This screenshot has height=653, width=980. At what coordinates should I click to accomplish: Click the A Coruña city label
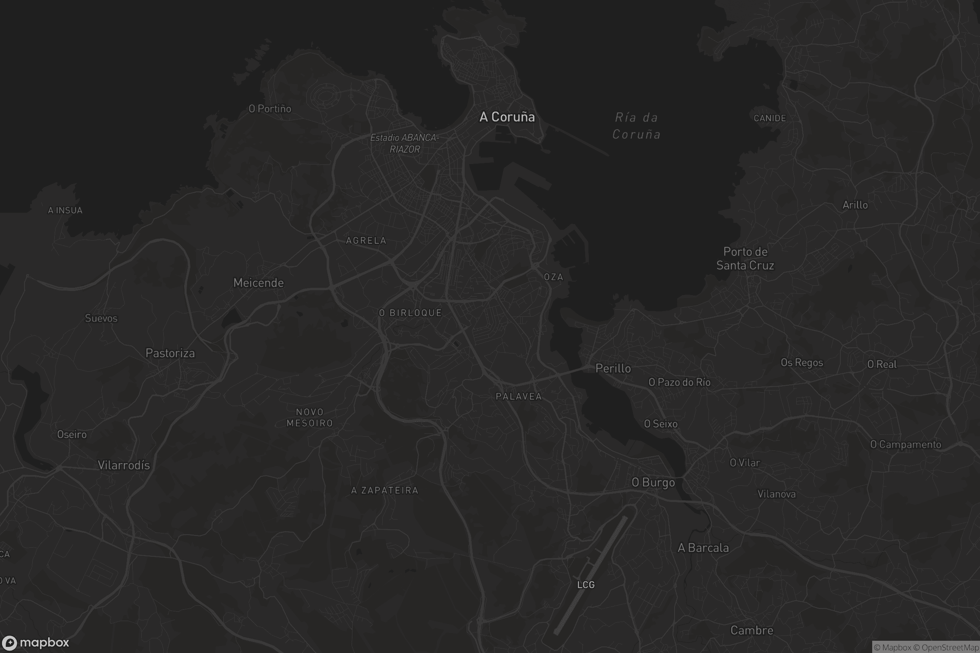[x=507, y=117]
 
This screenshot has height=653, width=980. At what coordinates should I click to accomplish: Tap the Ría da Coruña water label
[x=636, y=126]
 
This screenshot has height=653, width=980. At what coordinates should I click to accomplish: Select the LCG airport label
[x=586, y=585]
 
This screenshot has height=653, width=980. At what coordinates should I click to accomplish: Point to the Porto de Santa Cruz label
[x=745, y=258]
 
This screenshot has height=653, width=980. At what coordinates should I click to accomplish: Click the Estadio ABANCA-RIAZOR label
[x=405, y=143]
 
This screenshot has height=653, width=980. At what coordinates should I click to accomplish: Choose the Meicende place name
[x=258, y=283]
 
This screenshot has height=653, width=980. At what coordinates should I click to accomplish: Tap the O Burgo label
[x=653, y=482]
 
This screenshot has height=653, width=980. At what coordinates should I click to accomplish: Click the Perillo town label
[x=613, y=368]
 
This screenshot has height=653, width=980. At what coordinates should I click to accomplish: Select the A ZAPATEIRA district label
[x=385, y=490]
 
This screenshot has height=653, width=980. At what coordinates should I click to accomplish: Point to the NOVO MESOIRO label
[x=310, y=417]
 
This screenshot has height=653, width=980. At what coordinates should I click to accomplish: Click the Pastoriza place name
[x=170, y=353]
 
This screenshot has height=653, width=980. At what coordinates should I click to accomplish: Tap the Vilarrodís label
[x=124, y=465]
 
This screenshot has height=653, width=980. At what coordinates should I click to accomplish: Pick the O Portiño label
[x=269, y=109]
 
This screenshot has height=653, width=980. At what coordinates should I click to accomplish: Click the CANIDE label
[x=770, y=118]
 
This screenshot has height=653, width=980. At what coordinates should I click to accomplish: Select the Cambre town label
[x=752, y=630]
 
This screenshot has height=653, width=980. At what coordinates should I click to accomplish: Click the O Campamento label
[x=905, y=444]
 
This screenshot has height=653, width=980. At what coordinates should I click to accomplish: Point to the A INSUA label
[x=65, y=210]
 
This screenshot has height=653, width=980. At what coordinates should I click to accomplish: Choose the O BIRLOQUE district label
[x=410, y=313]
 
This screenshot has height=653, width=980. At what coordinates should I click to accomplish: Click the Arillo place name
[x=855, y=205]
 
